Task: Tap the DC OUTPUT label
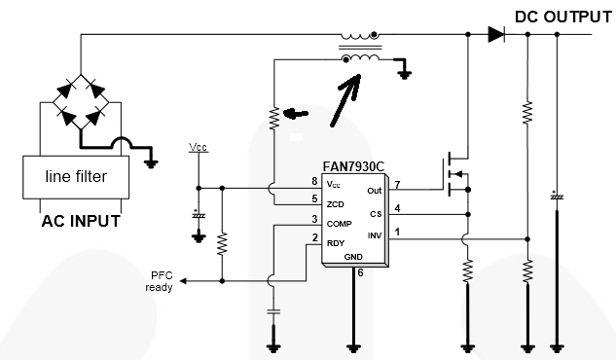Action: pyautogui.click(x=563, y=18)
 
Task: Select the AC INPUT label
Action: pyautogui.click(x=81, y=221)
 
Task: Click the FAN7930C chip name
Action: pyautogui.click(x=353, y=166)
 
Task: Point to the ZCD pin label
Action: pyautogui.click(x=335, y=204)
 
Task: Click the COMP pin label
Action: pyautogui.click(x=339, y=224)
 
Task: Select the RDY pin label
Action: pyautogui.click(x=336, y=243)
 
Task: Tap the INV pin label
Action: pyautogui.click(x=375, y=235)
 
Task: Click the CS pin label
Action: pyautogui.click(x=376, y=214)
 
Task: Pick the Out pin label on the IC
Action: pyautogui.click(x=375, y=191)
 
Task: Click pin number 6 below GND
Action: pyautogui.click(x=360, y=272)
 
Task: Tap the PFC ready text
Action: pyautogui.click(x=159, y=281)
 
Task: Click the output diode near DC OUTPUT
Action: pyautogui.click(x=496, y=35)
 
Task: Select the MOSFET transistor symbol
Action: pyautogui.click(x=455, y=175)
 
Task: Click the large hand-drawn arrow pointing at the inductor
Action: pyautogui.click(x=344, y=100)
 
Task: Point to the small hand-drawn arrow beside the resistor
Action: pyautogui.click(x=296, y=114)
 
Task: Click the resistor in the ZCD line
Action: pyautogui.click(x=273, y=118)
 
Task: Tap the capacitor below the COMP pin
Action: pyautogui.click(x=273, y=312)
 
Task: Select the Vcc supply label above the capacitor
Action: pyautogui.click(x=198, y=147)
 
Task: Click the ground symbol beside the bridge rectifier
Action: pyautogui.click(x=151, y=163)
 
